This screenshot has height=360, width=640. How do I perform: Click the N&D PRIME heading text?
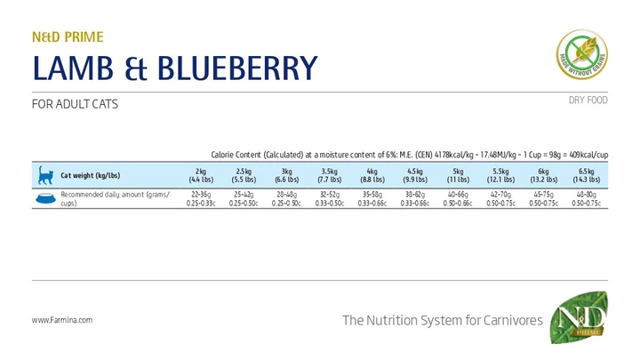pyautogui.click(x=68, y=37)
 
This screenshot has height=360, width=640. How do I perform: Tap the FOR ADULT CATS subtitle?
pyautogui.click(x=75, y=104)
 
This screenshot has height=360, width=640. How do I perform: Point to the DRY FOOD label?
pyautogui.click(x=588, y=100)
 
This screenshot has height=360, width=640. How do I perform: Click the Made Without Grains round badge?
pyautogui.click(x=581, y=55)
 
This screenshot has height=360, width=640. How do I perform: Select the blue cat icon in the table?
pyautogui.click(x=44, y=175)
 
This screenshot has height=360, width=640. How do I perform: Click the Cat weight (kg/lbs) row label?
pyautogui.click(x=96, y=175)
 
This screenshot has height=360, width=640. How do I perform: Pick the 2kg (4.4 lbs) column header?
pyautogui.click(x=200, y=175)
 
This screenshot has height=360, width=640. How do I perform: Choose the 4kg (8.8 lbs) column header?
pyautogui.click(x=372, y=175)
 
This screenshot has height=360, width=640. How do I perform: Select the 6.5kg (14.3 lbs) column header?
pyautogui.click(x=586, y=175)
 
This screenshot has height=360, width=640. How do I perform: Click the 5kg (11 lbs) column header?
pyautogui.click(x=458, y=175)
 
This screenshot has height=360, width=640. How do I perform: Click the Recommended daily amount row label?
pyautogui.click(x=113, y=198)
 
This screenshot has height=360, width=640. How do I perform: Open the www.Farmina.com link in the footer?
pyautogui.click(x=62, y=320)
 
